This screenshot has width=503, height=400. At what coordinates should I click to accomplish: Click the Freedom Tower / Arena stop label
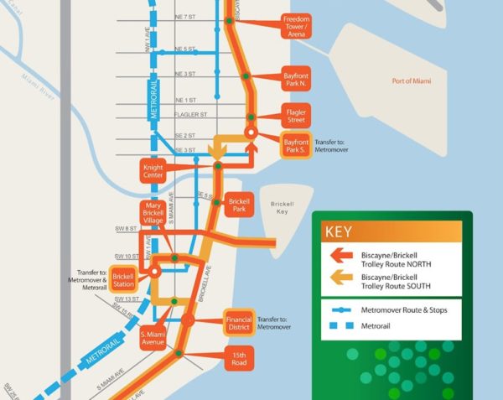(297, 25)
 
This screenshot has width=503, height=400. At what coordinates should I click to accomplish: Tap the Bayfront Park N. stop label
(297, 80)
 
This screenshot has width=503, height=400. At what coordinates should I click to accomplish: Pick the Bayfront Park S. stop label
(297, 147)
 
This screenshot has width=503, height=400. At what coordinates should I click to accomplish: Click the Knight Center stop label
(153, 172)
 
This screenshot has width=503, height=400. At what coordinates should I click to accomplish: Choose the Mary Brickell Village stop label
(153, 213)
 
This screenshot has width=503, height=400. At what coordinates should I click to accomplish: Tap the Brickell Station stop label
(123, 280)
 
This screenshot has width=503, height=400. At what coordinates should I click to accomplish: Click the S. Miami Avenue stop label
(153, 335)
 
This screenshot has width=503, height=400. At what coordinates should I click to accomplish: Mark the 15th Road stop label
(240, 359)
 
